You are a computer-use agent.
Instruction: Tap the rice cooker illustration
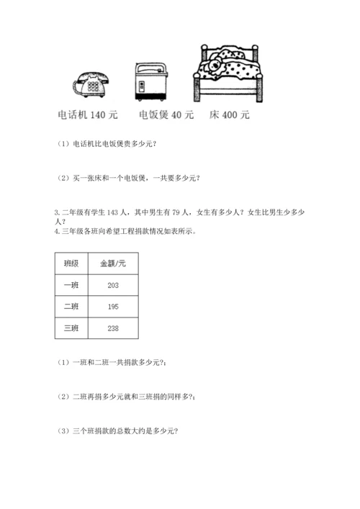pos(150,81)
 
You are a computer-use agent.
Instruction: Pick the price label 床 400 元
pos(229,114)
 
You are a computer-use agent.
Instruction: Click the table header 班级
pos(72,263)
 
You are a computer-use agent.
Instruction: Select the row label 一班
pos(72,285)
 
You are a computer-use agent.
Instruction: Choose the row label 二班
pos(72,307)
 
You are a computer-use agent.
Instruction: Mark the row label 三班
pos(72,328)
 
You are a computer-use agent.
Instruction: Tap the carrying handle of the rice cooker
pos(150,65)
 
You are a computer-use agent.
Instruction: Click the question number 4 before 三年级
pos(56,231)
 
